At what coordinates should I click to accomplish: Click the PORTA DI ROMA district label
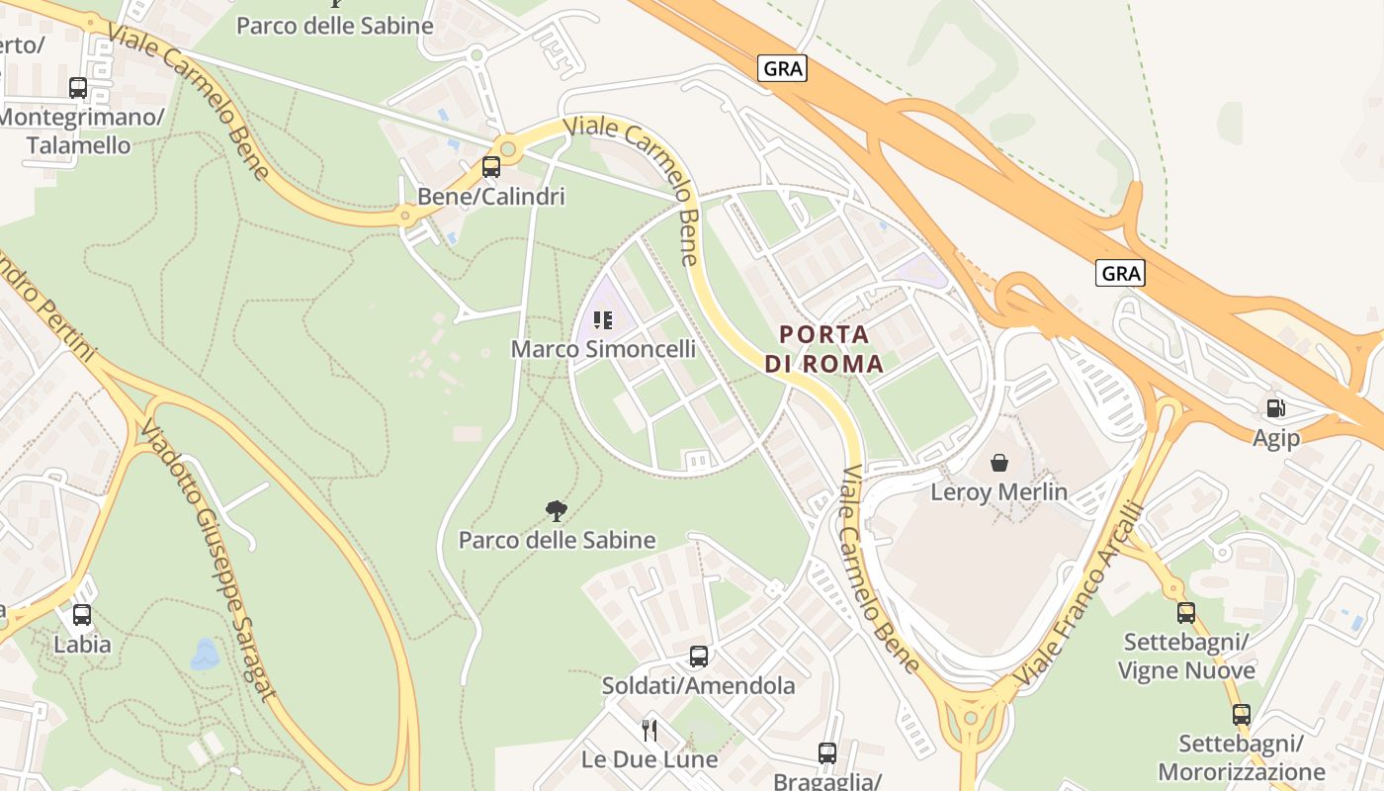(x=823, y=349)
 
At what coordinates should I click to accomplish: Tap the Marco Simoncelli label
(x=603, y=349)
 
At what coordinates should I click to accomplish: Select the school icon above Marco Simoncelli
(x=602, y=319)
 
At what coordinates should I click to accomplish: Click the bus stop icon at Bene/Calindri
(x=491, y=167)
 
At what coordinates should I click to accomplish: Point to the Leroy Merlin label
(x=999, y=491)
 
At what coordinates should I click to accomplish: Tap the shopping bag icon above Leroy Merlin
(x=999, y=462)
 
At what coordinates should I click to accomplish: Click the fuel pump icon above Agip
(x=1276, y=407)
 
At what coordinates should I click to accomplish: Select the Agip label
(x=1276, y=437)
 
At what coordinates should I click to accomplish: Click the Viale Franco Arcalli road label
(x=1080, y=595)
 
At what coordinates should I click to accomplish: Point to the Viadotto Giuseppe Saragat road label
(x=207, y=559)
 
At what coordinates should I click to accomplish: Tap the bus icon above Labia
(x=82, y=615)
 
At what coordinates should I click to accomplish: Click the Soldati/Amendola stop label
(x=698, y=685)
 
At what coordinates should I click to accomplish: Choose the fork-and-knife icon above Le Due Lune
(x=649, y=731)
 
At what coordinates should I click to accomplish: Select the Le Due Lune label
(x=649, y=759)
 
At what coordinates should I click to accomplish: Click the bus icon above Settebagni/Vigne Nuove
(x=1186, y=613)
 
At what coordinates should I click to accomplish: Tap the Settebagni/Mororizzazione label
(x=1241, y=757)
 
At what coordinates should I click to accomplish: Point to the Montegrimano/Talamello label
(x=79, y=131)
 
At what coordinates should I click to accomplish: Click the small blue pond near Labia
(x=205, y=654)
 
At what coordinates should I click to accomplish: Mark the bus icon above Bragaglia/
(x=827, y=753)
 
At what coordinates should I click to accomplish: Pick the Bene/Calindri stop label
(x=491, y=196)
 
